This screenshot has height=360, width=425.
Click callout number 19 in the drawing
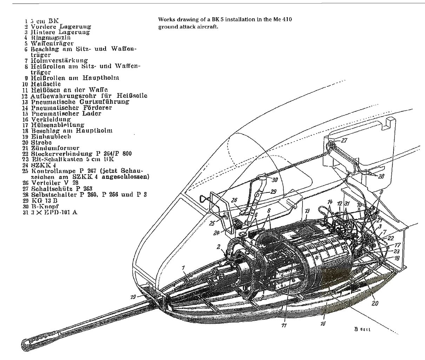tap(133, 297)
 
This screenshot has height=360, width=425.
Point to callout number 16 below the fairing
tap(323, 323)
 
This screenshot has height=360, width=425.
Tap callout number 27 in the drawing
tap(344, 140)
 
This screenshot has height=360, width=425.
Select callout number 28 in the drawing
tap(381, 176)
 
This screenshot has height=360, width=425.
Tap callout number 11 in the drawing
tap(284, 325)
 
